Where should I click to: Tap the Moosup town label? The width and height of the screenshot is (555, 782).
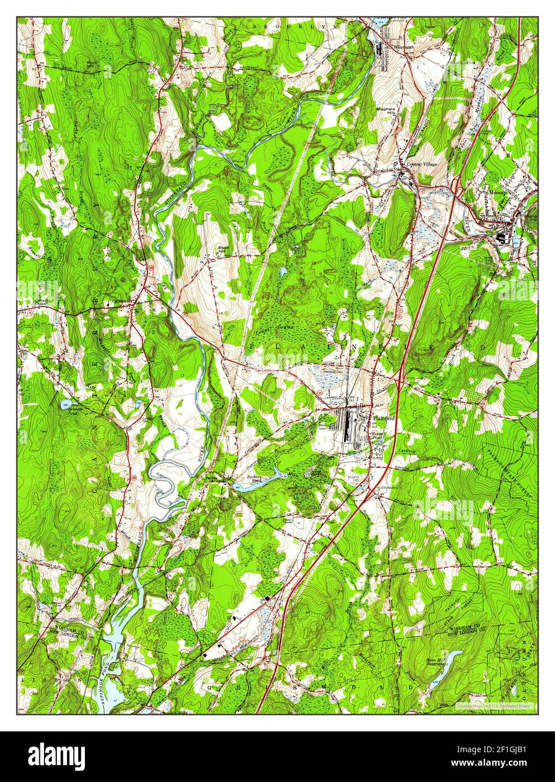[x=498, y=192]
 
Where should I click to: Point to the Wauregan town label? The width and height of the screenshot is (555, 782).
[x=403, y=47]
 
